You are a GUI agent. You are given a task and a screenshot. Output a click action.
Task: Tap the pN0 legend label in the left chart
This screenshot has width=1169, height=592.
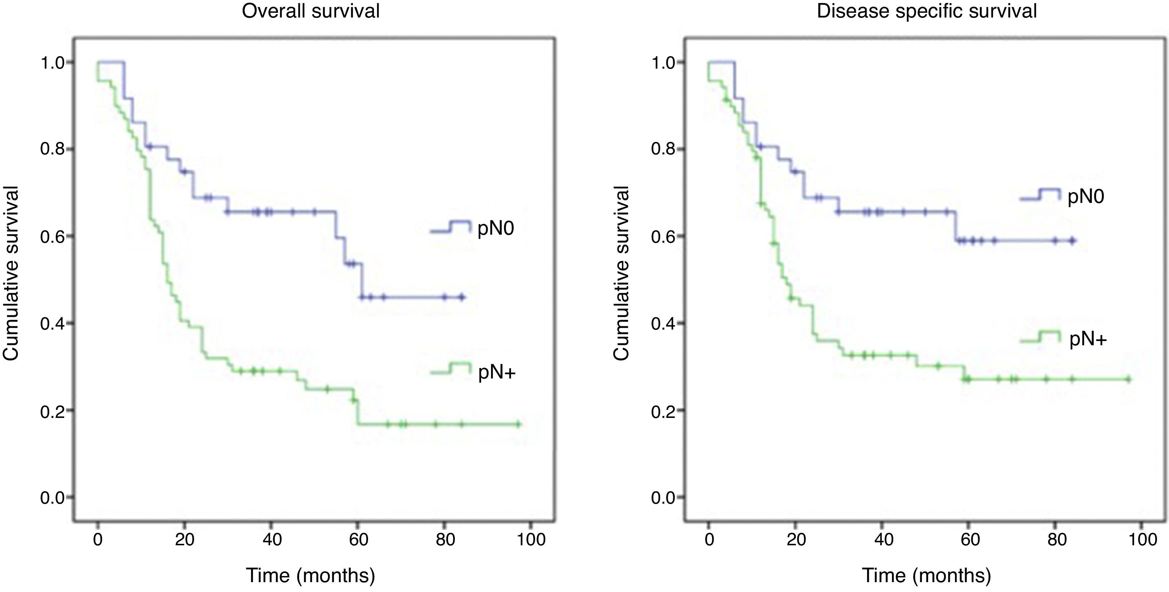(x=496, y=228)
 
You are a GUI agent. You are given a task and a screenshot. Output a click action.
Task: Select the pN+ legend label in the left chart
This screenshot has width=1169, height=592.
(x=497, y=372)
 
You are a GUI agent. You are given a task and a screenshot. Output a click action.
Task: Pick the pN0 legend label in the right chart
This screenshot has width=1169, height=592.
(x=1085, y=197)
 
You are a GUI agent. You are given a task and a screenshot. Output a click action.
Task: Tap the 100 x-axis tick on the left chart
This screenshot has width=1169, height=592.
(x=531, y=539)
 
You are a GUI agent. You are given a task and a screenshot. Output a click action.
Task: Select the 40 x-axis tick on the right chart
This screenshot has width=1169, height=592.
(x=883, y=539)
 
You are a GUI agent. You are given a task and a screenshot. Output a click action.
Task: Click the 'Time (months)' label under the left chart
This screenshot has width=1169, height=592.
(x=310, y=576)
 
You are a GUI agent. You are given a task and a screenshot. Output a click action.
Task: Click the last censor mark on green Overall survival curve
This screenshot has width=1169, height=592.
(x=519, y=424)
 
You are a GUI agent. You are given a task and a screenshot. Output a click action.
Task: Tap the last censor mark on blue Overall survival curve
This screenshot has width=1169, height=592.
(x=462, y=297)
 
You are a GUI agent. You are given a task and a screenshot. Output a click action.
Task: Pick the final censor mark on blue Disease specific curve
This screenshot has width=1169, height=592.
(x=1072, y=241)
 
